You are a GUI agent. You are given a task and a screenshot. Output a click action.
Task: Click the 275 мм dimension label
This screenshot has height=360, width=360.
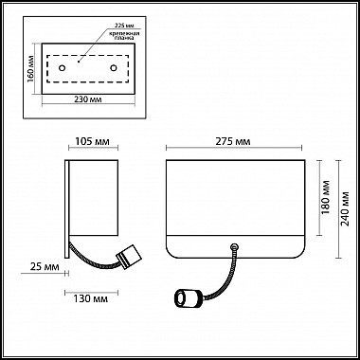(233, 142)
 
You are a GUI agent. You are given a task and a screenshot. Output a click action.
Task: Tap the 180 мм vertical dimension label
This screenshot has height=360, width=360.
(325, 197)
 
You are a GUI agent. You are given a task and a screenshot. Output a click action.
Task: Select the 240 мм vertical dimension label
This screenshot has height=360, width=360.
(346, 208)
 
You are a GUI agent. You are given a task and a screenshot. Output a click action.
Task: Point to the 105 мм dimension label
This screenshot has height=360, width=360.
(92, 142)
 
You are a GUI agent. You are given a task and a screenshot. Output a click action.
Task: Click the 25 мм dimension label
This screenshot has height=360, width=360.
(45, 267)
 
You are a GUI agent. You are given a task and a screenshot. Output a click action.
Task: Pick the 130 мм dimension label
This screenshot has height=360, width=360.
(91, 298)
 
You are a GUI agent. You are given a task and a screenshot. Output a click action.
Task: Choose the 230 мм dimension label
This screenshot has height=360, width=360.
(88, 99)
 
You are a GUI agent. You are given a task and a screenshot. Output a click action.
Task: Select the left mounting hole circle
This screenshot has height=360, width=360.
(63, 68)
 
